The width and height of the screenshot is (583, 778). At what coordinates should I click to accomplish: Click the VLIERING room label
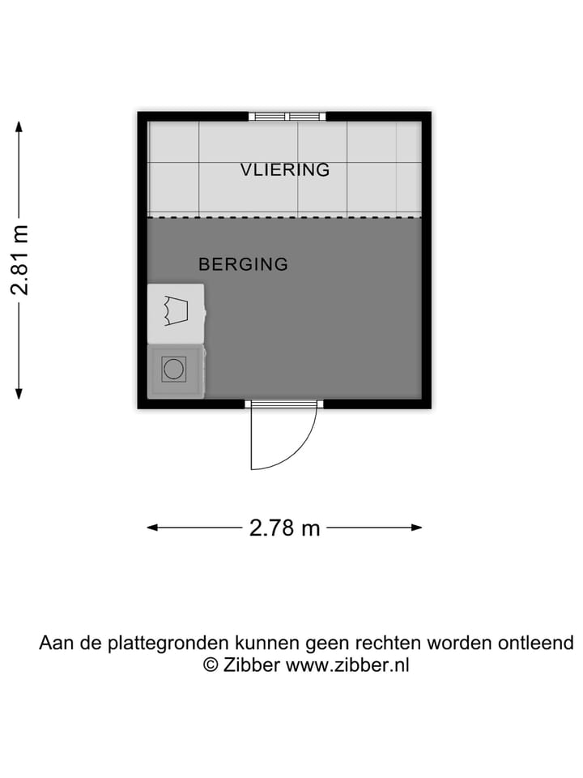[285, 170]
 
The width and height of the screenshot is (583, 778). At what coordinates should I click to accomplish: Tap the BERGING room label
[244, 264]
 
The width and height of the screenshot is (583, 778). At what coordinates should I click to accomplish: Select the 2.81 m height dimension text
[20, 260]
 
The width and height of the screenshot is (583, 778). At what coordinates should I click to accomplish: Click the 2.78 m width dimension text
[284, 528]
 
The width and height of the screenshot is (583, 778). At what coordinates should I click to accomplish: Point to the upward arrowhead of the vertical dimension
[19, 126]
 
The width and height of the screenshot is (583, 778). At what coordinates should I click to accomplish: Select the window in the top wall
[287, 117]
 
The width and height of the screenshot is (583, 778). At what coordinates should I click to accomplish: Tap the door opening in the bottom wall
[284, 403]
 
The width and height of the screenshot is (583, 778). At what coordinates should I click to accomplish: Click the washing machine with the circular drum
[174, 370]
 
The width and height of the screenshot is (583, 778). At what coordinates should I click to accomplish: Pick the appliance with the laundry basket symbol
[176, 311]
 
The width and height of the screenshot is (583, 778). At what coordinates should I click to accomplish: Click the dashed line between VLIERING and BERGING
[284, 217]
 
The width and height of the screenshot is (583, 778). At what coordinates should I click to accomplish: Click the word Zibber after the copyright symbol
[251, 665]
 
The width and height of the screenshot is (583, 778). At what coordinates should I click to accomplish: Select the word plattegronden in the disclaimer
[169, 644]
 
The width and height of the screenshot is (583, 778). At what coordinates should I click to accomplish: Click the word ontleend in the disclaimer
[541, 643]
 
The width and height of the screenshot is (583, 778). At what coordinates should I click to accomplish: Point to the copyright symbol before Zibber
[210, 665]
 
